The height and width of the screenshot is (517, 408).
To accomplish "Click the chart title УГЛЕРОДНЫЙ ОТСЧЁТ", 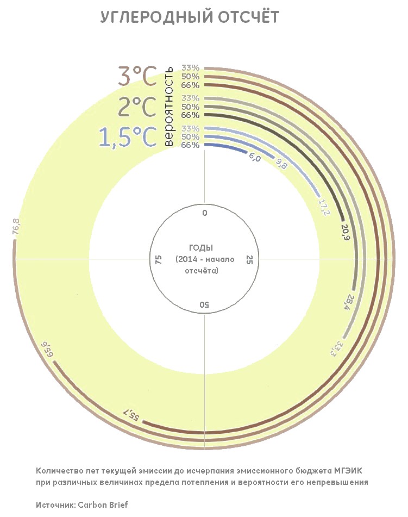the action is pos(190,17).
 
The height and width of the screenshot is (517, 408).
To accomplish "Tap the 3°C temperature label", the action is pos(137,77).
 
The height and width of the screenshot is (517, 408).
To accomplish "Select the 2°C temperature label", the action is pos(137,107).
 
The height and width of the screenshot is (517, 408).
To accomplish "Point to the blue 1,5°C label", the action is pos(128,137).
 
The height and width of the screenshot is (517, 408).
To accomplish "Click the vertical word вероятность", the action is pos(168,107).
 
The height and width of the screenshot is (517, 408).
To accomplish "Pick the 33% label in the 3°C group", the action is pos(191,68).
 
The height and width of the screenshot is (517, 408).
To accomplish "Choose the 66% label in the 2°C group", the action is pos(191,115).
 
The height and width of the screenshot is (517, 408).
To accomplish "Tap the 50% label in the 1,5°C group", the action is pos(191,136).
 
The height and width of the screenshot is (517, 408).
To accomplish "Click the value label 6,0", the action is pos(255,158).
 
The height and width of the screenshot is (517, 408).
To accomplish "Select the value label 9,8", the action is pos(281,164).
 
